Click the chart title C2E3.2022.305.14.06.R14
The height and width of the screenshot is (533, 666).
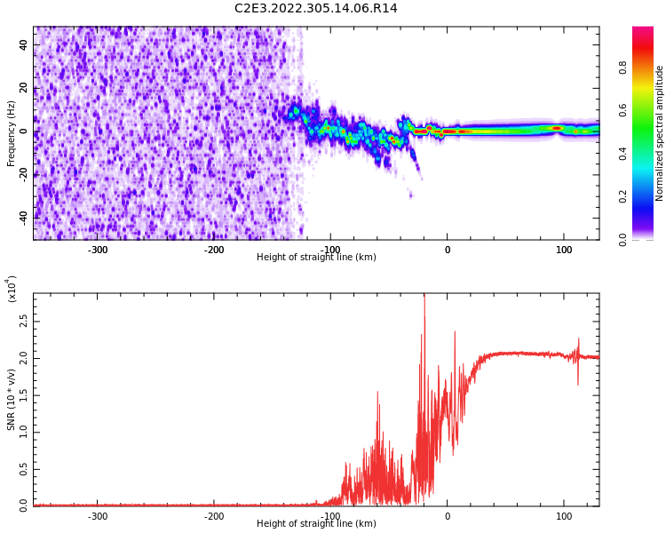click(315, 9)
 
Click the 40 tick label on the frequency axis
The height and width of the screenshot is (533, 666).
click(23, 44)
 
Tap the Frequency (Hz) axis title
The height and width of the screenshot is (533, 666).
click(12, 133)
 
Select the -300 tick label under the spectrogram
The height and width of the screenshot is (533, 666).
click(98, 250)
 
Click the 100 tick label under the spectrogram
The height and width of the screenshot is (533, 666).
click(564, 250)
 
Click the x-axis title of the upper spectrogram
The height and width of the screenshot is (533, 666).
click(316, 258)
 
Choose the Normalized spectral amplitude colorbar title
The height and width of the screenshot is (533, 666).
click(660, 133)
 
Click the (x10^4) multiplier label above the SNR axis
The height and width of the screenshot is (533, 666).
click(12, 289)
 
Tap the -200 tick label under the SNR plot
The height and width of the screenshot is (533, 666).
click(214, 516)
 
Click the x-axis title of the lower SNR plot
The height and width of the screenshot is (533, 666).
click(316, 524)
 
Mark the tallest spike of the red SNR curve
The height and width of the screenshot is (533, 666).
click(424, 296)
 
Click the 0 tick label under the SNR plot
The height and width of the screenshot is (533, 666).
click(447, 516)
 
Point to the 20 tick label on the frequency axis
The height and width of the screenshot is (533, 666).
click(23, 88)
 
